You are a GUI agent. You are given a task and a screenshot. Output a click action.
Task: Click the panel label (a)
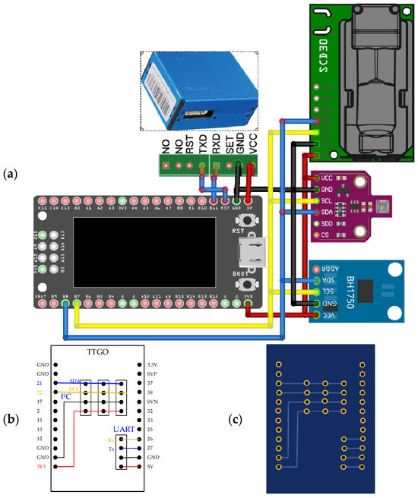pyautogui.click(x=10, y=174)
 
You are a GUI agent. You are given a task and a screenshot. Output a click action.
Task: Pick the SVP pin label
pyautogui.click(x=152, y=374)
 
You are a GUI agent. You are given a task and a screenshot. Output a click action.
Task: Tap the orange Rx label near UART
pyautogui.click(x=111, y=439)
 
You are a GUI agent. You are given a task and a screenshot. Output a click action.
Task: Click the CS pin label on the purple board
pyautogui.click(x=325, y=235)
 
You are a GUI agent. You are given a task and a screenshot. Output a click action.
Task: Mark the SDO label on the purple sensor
pyautogui.click(x=327, y=224)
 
